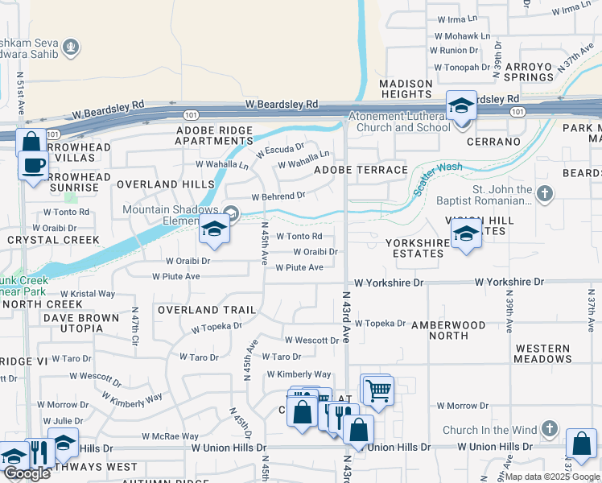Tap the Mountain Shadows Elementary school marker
215,231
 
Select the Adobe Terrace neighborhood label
361,170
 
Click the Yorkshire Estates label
414,248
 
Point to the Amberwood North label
448,330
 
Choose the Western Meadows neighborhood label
543,353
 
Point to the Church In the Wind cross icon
550,429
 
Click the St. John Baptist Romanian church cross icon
545,193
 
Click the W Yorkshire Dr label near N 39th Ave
509,283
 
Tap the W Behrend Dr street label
278,196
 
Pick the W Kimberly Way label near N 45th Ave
299,374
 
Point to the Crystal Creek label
53,240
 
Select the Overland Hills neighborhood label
154,184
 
